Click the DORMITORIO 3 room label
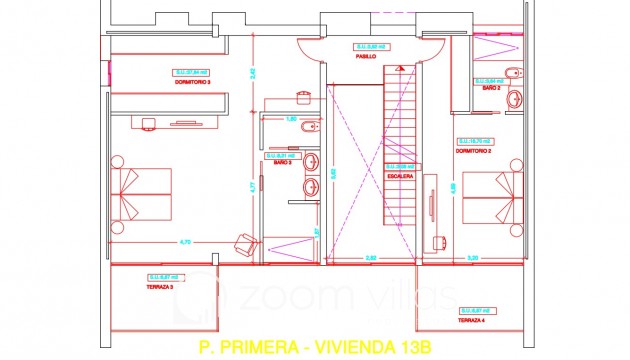[x=193, y=82]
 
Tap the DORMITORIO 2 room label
[x=472, y=153]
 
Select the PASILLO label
[x=366, y=57]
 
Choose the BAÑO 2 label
[x=491, y=88]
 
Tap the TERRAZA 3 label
[x=160, y=286]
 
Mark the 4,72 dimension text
[x=185, y=242]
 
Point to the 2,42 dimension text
[x=254, y=72]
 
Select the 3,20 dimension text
[x=473, y=258]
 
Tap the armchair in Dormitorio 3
[x=243, y=240]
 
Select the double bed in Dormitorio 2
[x=492, y=194]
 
